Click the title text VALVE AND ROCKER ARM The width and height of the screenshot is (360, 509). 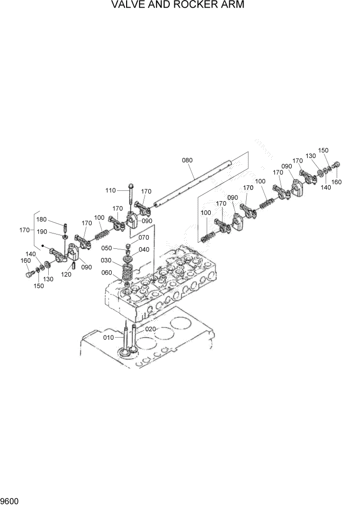178,5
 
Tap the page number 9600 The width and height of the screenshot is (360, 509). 10,500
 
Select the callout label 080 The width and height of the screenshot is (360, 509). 187,160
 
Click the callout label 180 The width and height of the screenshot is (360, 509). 55,220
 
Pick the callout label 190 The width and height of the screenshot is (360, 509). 55,232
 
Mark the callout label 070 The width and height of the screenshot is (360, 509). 144,238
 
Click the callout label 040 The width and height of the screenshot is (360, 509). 144,249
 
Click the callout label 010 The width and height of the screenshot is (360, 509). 109,337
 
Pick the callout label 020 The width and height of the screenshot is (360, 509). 150,329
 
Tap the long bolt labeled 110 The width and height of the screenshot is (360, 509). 132,195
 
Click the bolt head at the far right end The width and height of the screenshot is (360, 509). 336,164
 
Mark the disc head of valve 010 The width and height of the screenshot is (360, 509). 124,353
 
